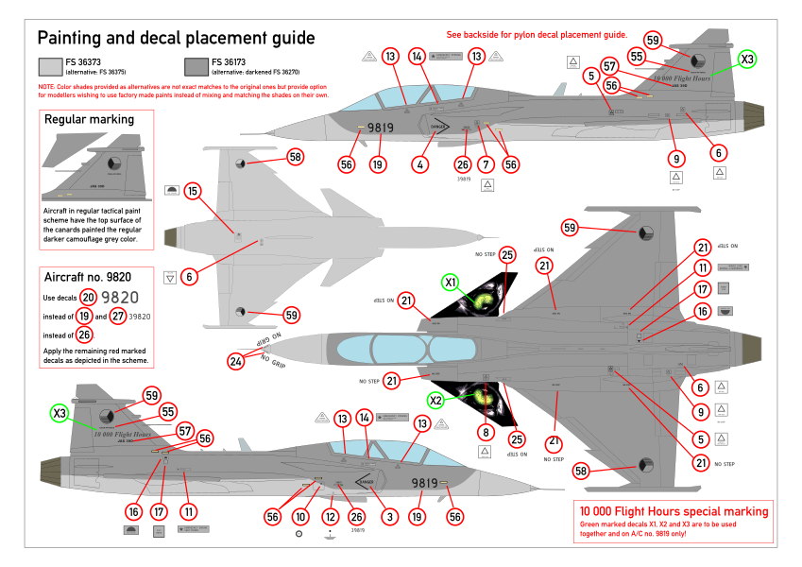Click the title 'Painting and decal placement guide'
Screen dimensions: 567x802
(x=176, y=39)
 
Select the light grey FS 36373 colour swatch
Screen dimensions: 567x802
(x=52, y=66)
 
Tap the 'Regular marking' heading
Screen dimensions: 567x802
(x=90, y=120)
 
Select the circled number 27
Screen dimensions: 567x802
(x=118, y=316)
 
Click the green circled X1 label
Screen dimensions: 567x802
(x=452, y=282)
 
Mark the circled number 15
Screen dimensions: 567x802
(x=193, y=192)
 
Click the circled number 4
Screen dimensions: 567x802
(x=418, y=164)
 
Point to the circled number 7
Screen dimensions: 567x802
(x=485, y=164)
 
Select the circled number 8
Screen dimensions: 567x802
(x=486, y=432)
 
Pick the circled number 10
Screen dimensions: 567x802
(x=299, y=517)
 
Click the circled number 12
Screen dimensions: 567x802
(x=329, y=517)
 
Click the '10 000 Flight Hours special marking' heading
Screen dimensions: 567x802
(x=673, y=511)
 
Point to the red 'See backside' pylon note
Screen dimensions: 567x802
(x=537, y=34)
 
